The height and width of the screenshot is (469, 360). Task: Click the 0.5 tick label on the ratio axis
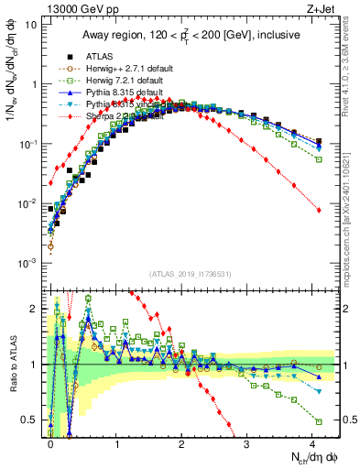click(30, 420)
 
